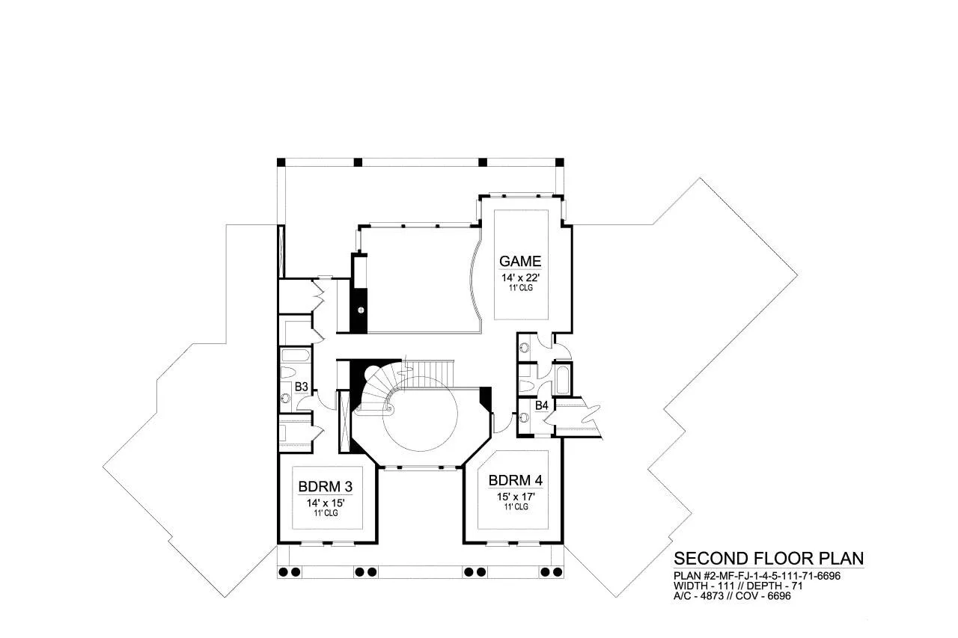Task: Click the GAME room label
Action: pos(520,261)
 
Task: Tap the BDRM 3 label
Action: pos(326,487)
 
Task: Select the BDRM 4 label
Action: pos(516,480)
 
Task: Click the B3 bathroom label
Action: pos(302,387)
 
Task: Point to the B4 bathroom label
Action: pos(541,405)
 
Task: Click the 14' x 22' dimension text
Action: pos(520,277)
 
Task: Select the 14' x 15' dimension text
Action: pos(326,503)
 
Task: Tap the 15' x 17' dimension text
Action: pos(516,497)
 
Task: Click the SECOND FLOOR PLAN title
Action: pos(769,559)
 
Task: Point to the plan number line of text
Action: pos(757,576)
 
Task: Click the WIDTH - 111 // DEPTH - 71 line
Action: pos(738,586)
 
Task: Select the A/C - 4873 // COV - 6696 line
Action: pos(732,595)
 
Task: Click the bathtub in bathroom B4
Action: pos(561,379)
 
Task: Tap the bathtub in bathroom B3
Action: pos(296,355)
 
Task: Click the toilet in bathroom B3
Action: pos(289,372)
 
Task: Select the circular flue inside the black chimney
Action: pos(361,310)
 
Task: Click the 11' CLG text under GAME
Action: pos(520,288)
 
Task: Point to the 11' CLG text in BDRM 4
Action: pos(516,507)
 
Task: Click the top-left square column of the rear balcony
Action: pos(281,162)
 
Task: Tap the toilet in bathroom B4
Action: pos(527,386)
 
